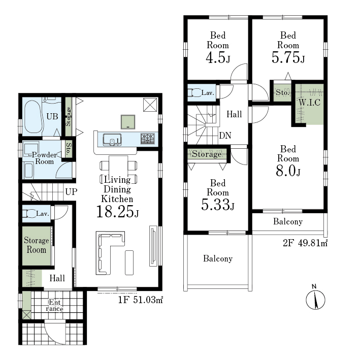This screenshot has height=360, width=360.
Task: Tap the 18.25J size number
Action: click(x=117, y=211)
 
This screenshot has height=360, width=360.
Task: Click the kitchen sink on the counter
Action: click(x=112, y=140)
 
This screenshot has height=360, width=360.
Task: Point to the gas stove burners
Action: click(x=148, y=139)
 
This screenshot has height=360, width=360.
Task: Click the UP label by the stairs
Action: click(x=71, y=192)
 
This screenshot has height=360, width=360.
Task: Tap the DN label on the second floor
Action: click(x=225, y=136)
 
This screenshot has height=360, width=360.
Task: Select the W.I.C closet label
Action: click(x=310, y=103)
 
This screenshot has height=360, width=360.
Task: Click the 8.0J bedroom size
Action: click(x=288, y=171)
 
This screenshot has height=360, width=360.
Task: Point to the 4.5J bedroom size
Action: click(x=218, y=57)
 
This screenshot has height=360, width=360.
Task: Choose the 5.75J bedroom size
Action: click(x=288, y=57)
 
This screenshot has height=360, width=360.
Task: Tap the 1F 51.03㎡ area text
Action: click(x=141, y=300)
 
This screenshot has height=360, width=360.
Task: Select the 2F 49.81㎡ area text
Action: click(x=305, y=243)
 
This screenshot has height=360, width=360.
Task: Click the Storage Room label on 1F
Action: click(x=36, y=245)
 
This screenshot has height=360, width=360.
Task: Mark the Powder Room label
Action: click(x=44, y=158)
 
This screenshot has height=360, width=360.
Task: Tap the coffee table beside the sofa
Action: click(x=129, y=263)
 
